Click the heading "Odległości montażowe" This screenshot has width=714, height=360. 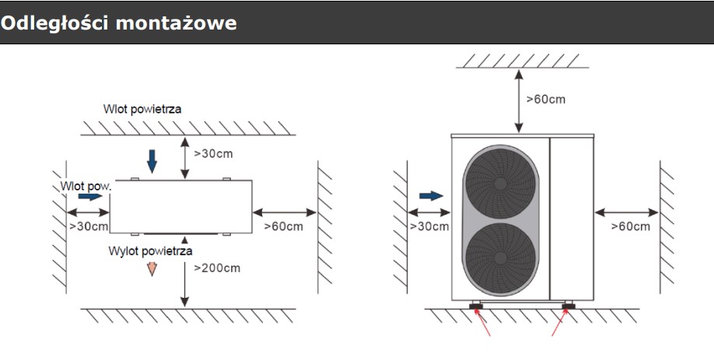tap(119, 23)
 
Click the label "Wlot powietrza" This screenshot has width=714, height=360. tap(142, 109)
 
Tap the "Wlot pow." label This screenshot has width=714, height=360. tap(86, 186)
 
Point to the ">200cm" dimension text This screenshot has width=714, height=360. tap(216, 268)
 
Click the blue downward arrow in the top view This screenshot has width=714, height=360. tap(152, 159)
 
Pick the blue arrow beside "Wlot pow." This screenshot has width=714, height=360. tap(90, 197)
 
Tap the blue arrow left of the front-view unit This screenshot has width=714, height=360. tap(430, 195)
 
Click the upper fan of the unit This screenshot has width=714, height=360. tap(499, 184)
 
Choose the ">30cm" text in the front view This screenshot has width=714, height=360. tap(429, 226)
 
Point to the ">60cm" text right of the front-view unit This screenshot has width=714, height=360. tap(630, 226)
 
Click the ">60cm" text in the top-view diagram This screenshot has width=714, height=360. tap(283, 226)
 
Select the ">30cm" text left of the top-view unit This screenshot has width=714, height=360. tap(88, 226)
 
